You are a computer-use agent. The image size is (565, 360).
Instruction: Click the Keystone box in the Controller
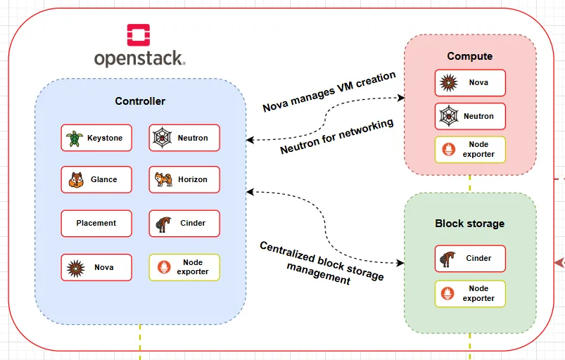coord(96,139)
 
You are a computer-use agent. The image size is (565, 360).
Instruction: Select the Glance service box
coord(96,180)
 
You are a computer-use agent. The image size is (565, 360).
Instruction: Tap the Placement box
coord(96,223)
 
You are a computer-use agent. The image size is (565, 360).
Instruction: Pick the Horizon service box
coord(184,180)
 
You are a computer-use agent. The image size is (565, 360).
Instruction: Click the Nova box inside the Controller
coord(96,267)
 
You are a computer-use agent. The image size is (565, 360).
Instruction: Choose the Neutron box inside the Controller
coord(184,139)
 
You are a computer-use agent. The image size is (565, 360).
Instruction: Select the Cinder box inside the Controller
coord(184,223)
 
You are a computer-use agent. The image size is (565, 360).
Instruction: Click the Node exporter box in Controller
coord(184,267)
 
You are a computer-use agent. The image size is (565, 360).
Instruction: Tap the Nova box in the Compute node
coord(470,83)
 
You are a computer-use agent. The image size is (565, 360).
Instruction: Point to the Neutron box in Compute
coord(470,116)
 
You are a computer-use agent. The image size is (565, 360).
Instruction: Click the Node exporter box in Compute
coord(470,150)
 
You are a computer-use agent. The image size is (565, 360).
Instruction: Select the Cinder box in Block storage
coord(470,258)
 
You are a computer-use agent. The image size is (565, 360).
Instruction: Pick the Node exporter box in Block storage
coord(470,293)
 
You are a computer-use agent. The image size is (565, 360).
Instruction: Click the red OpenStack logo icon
coord(139,36)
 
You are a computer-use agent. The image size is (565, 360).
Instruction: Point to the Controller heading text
coord(140,101)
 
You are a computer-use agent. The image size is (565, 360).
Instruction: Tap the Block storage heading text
coord(469,224)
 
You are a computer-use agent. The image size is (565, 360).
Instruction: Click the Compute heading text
coord(469,56)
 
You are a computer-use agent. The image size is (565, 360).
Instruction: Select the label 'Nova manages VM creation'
coord(329,92)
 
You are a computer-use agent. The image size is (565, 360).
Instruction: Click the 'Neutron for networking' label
coord(336,137)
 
